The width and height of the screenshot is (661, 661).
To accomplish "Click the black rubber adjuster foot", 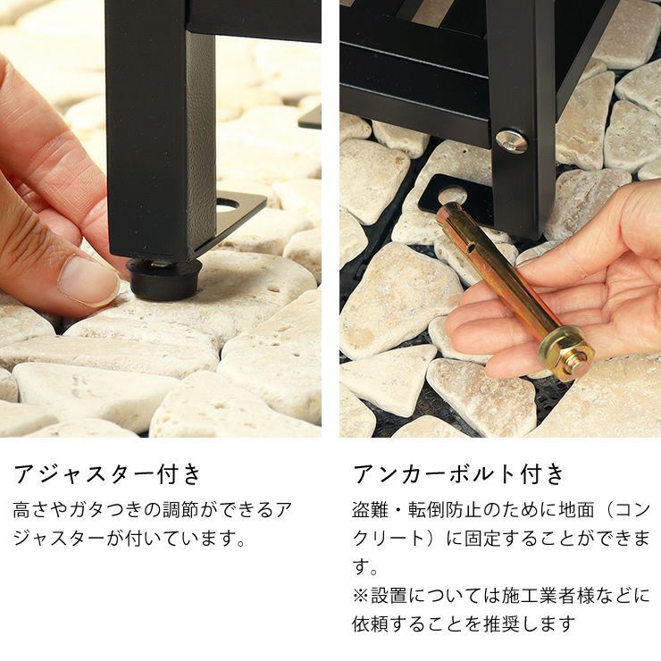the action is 164,278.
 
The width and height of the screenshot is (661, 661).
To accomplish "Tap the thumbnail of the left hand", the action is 88,281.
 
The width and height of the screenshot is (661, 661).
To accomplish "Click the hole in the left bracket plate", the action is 227,206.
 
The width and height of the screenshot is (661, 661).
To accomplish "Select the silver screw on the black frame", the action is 511,141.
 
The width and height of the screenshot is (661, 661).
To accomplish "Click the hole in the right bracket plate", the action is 452,194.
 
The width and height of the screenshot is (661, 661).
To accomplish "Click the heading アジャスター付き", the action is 107,474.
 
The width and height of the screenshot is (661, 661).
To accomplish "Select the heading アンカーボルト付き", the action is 458,474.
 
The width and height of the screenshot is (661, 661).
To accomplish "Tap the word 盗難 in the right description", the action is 370,510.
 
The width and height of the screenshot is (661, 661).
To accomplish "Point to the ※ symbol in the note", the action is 361,596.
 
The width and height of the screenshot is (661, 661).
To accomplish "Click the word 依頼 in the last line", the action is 371,624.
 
